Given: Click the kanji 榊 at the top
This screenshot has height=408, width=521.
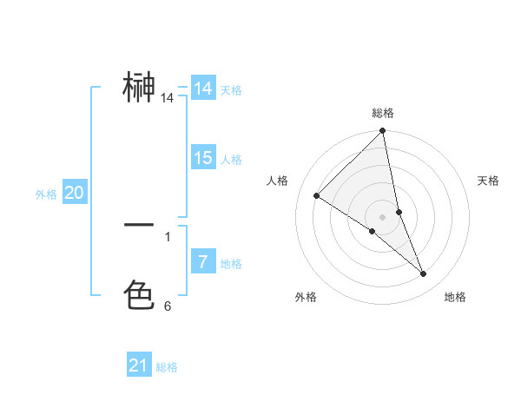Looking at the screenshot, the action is coord(139,88).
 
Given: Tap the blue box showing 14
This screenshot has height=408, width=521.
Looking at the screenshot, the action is coord(203,89).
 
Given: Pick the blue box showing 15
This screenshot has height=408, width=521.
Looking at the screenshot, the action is coord(203,158).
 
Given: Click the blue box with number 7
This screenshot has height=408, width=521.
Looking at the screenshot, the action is coord(203,261).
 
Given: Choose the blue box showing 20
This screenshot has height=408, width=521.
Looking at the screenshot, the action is coord(75,193).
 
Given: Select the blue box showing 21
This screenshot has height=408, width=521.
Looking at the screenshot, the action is coord(139,365).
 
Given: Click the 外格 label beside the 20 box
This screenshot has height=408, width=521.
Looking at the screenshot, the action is coord(46,194).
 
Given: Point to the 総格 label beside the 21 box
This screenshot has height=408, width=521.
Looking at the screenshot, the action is coord(167,367).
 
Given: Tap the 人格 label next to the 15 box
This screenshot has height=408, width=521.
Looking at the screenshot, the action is coord(231,160).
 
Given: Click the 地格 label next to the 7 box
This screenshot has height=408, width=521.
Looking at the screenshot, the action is coord(231,264).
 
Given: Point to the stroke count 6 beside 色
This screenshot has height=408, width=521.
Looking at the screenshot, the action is coord(168,306).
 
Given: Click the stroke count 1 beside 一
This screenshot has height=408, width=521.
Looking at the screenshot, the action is coord(168,236).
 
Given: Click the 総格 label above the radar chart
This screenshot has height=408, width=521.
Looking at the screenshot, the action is coord(383,113).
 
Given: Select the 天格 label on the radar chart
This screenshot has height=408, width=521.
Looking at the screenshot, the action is coord(488,181).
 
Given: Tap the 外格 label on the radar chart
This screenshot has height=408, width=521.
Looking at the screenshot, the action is coord(306,297).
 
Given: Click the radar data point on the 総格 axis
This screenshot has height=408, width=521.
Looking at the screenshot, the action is coord(383,131).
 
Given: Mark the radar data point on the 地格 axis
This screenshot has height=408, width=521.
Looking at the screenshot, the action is coord(424,273).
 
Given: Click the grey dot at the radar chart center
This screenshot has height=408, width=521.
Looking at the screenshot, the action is coord(383,216).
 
